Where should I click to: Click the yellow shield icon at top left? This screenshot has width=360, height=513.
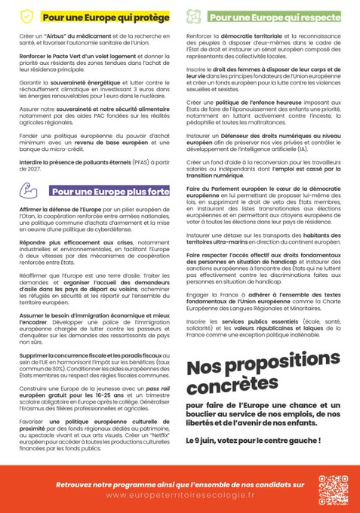(27, 15)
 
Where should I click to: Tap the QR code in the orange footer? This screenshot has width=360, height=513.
(331, 490)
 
